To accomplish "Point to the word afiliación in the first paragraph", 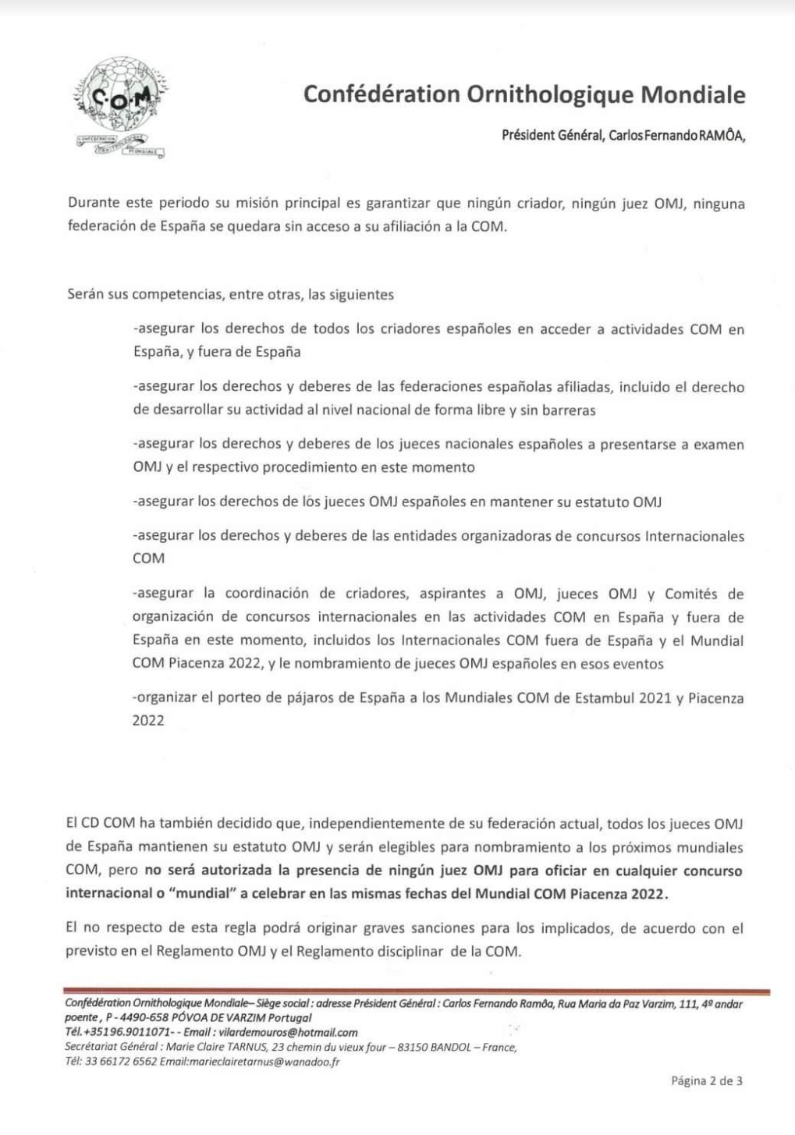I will (x=412, y=228).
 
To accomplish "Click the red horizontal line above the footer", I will (x=417, y=991).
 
